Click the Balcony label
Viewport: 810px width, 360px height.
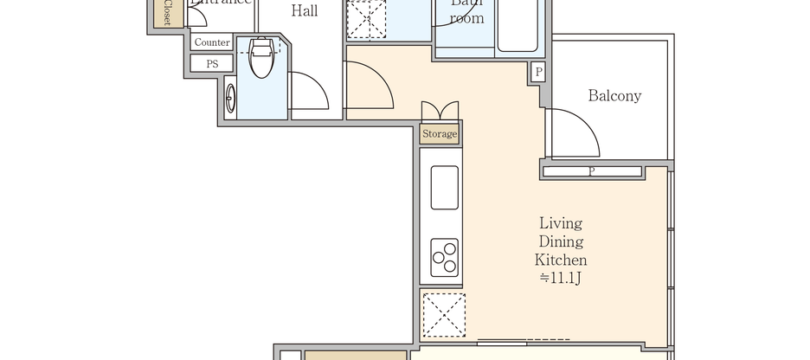pyautogui.click(x=614, y=96)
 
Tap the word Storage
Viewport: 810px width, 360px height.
pyautogui.click(x=440, y=134)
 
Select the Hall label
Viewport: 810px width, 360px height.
pyautogui.click(x=304, y=11)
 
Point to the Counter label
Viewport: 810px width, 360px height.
pyautogui.click(x=212, y=42)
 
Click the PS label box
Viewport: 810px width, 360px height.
pyautogui.click(x=212, y=64)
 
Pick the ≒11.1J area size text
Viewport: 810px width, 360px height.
pyautogui.click(x=562, y=278)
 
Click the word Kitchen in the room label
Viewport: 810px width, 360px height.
pyautogui.click(x=562, y=260)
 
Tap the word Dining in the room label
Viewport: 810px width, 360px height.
pyautogui.click(x=562, y=241)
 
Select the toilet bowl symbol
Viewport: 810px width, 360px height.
pyautogui.click(x=260, y=56)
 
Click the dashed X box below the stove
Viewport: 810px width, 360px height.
pyautogui.click(x=443, y=315)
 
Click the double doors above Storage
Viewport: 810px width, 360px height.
pyautogui.click(x=440, y=112)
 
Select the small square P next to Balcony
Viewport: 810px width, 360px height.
pyautogui.click(x=539, y=73)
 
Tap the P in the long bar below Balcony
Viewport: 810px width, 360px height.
pyautogui.click(x=592, y=171)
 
